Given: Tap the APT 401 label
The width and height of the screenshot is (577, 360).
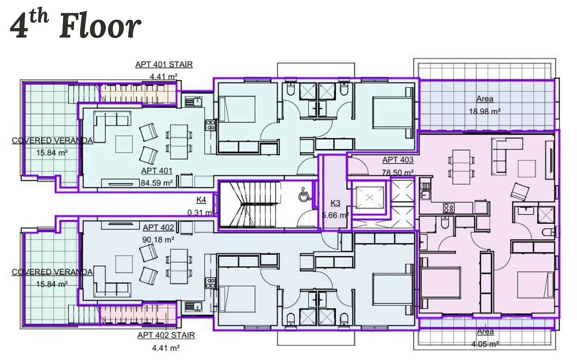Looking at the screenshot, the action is pyautogui.click(x=157, y=171).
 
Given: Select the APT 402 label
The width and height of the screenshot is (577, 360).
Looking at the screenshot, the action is pyautogui.click(x=158, y=227).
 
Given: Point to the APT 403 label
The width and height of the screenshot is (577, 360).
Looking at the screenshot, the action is pyautogui.click(x=398, y=160).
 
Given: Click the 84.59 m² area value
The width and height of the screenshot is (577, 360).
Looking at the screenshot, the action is pyautogui.click(x=157, y=183).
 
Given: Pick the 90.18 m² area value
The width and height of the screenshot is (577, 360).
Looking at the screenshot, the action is pyautogui.click(x=158, y=240).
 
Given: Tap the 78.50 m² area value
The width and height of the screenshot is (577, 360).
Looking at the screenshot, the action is pyautogui.click(x=398, y=172).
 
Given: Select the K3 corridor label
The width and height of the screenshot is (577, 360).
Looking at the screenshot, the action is pyautogui.click(x=335, y=203).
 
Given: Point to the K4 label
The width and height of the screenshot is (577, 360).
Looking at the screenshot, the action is pyautogui.click(x=201, y=200).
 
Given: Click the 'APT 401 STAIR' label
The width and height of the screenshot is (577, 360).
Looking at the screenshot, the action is pyautogui.click(x=164, y=64).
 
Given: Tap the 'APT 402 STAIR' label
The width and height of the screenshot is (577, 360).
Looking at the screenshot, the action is pyautogui.click(x=166, y=335).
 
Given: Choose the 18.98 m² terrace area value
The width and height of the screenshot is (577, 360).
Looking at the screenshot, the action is pyautogui.click(x=484, y=111).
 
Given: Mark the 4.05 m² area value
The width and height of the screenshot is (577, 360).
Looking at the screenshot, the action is pyautogui.click(x=485, y=344).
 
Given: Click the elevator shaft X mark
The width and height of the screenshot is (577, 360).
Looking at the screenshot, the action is pyautogui.click(x=370, y=198).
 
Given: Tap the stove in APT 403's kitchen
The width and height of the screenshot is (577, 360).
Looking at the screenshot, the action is pyautogui.click(x=449, y=208).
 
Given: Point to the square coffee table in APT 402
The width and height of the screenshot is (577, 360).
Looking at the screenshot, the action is pyautogui.click(x=124, y=264).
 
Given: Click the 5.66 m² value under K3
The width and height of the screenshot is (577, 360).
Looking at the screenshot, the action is pyautogui.click(x=335, y=215).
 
